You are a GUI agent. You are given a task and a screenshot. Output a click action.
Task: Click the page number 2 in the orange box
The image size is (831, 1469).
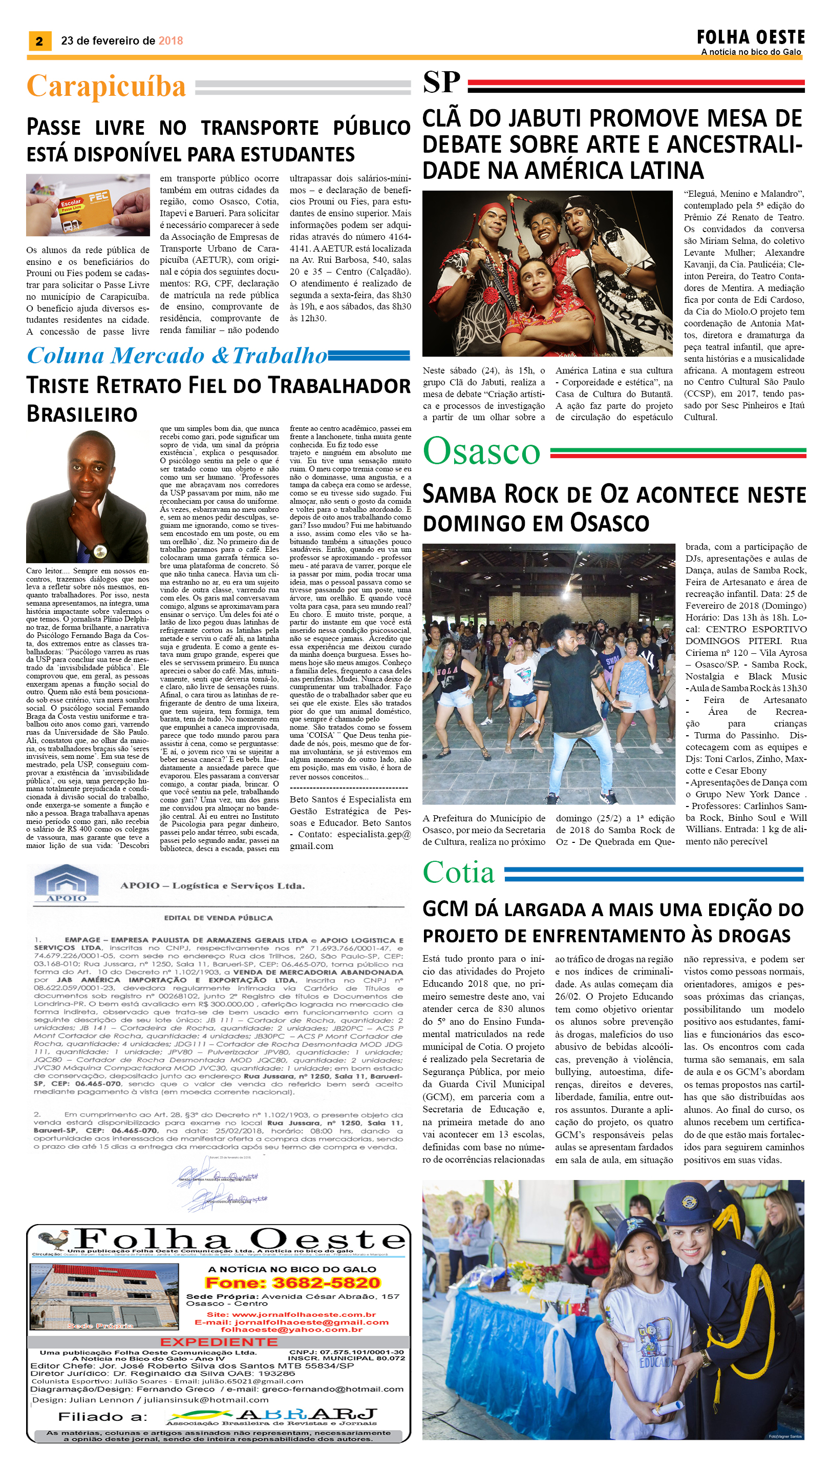point(39,40)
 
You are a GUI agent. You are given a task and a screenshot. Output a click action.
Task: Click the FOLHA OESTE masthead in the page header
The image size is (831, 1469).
point(751,38)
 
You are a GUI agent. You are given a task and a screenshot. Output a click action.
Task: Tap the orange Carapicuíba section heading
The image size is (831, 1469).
point(106,86)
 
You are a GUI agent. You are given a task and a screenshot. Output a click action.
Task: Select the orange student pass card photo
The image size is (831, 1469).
point(88,204)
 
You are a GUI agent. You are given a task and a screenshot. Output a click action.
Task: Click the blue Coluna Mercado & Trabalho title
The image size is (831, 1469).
point(177,356)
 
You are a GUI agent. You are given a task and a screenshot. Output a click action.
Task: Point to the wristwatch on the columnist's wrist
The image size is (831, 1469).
point(100,551)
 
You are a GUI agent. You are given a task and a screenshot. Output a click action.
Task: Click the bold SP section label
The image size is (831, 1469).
point(441,83)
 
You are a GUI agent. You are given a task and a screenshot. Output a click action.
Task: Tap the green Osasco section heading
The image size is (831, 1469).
point(481,451)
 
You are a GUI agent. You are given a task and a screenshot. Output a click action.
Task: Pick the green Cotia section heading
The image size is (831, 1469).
point(458,872)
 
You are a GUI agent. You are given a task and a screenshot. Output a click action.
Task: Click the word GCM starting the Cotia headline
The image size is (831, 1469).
point(445,908)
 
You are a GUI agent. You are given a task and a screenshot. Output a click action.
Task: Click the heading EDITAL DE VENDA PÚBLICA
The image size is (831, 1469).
point(218,918)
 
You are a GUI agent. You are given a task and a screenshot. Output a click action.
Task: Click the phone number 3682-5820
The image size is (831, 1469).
point(326,1282)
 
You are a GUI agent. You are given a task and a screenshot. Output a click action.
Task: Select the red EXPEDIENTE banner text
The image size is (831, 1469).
point(219,1341)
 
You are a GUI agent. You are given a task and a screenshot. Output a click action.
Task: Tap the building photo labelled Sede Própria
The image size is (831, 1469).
point(101,1297)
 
